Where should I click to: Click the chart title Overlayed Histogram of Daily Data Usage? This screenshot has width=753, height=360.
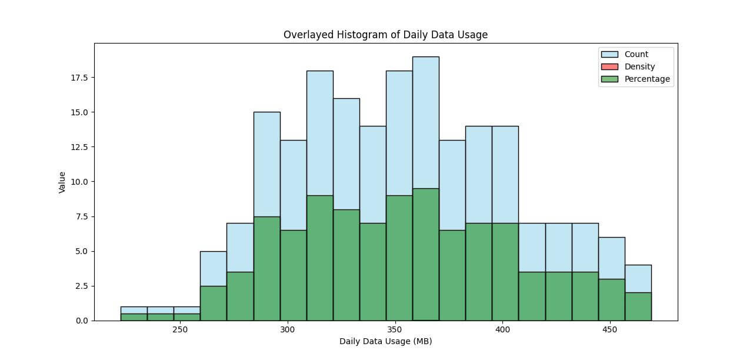[385, 35]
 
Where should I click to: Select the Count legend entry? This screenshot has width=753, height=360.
[636, 55]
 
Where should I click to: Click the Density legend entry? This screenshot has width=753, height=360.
[639, 67]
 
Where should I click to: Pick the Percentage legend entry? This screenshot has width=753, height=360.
[647, 79]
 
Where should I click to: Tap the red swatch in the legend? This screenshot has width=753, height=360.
[610, 67]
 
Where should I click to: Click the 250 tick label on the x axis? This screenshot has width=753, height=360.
[180, 330]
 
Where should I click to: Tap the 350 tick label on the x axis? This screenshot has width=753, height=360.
[394, 330]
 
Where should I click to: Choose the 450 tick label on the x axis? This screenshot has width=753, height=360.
[609, 330]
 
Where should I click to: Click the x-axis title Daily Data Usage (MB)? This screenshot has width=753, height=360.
[385, 341]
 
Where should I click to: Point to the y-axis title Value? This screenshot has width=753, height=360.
[62, 182]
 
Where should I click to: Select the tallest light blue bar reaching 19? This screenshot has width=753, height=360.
[425, 118]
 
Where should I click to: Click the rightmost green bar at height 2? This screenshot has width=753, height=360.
[638, 306]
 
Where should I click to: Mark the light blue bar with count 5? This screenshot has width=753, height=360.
[213, 268]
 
